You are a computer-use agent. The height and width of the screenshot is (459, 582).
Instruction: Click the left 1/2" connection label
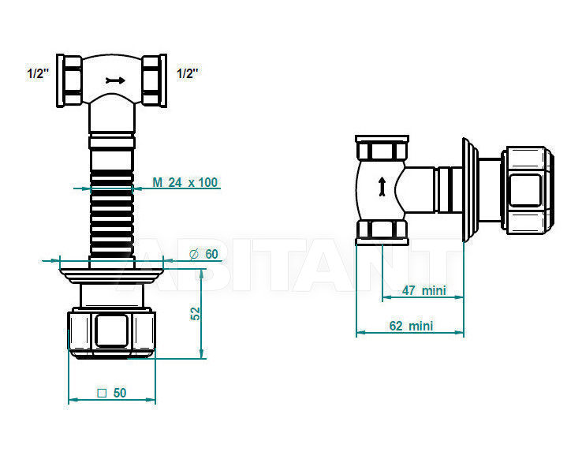[38, 73]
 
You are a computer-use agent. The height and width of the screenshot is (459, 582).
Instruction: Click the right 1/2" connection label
[188, 73]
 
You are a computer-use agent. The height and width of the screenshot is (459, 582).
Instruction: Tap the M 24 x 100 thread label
[185, 182]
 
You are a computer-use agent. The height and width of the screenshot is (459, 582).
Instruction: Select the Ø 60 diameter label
[203, 254]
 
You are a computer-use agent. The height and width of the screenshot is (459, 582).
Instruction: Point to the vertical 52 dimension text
[196, 314]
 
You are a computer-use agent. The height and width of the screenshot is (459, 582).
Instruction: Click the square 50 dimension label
[112, 393]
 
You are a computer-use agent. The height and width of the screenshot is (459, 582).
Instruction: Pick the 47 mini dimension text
[423, 290]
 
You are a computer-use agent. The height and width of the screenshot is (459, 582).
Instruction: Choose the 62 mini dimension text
[411, 326]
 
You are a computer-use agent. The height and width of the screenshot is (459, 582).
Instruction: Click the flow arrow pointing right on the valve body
[115, 80]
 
